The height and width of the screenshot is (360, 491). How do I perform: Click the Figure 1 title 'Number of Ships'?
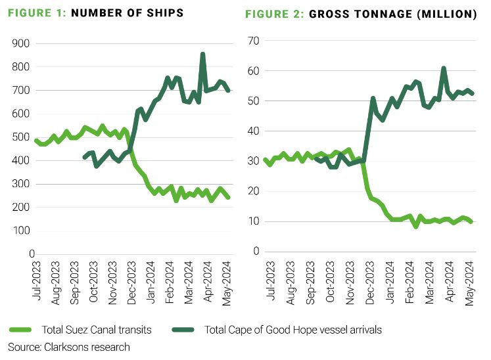click(125, 14)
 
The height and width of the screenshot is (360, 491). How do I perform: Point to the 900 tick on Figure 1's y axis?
click(20, 43)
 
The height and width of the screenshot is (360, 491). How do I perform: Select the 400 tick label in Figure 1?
click(20, 160)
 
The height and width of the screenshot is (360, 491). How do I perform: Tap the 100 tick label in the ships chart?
click(20, 231)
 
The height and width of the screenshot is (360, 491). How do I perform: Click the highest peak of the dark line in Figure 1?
click(202, 55)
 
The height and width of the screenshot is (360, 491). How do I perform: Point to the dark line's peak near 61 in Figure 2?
click(444, 68)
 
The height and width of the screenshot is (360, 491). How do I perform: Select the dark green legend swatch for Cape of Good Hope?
click(187, 329)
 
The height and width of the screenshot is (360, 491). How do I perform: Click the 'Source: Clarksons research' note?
click(69, 346)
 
